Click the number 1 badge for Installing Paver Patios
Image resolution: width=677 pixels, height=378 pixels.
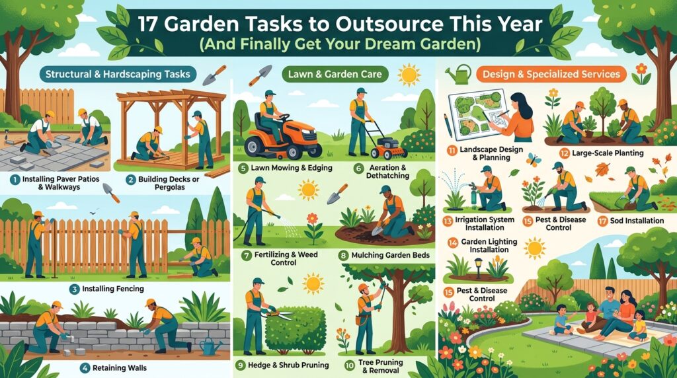(x=15, y=179)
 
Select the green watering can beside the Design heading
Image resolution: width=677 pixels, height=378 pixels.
(x=458, y=74)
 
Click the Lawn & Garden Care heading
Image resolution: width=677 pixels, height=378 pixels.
(x=335, y=74)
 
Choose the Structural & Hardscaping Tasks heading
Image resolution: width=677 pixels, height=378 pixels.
(x=118, y=74)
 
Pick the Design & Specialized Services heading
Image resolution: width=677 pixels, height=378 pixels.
(x=551, y=74)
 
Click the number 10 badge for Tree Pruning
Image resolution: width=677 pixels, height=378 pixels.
(x=349, y=365)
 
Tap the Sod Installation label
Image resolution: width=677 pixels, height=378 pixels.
(x=637, y=221)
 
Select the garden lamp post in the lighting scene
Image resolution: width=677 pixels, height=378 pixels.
(x=478, y=268)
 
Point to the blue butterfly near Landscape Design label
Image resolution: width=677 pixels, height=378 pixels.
(x=534, y=159)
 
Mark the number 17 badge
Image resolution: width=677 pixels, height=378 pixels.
(x=602, y=221)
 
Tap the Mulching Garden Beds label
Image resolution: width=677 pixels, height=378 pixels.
(x=391, y=255)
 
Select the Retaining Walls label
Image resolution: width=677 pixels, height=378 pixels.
(x=120, y=368)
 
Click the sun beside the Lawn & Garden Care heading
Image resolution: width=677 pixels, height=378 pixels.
(x=409, y=75)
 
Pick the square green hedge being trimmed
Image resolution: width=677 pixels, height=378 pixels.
(x=296, y=330)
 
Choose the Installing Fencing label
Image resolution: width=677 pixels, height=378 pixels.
(x=113, y=289)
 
